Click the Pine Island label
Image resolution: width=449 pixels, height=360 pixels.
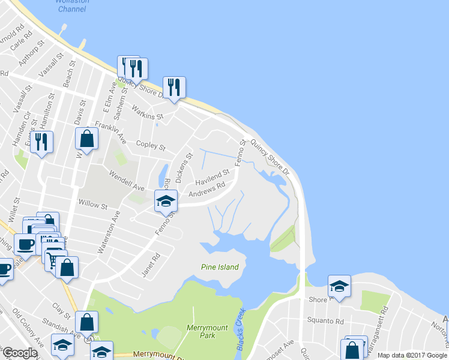(219, 267)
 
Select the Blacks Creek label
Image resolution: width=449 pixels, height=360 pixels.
(240, 329)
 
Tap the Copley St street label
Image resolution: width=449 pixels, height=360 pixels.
(151, 146)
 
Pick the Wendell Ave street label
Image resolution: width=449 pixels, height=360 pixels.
(127, 179)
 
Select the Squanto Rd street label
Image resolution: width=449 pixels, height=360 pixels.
(325, 320)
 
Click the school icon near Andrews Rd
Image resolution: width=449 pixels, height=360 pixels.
(166, 200)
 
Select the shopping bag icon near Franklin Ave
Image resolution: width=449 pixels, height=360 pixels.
(86, 139)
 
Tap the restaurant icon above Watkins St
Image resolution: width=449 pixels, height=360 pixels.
(174, 87)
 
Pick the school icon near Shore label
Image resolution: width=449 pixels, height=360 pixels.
(339, 286)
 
